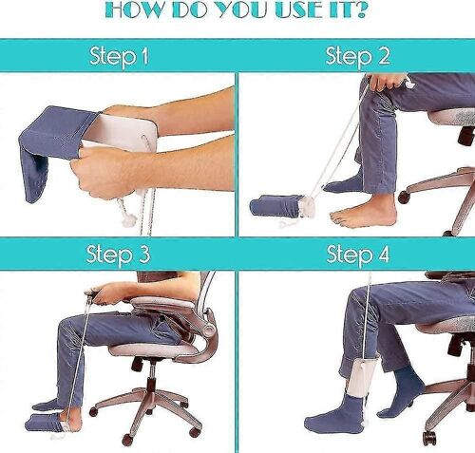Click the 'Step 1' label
pos(119,56)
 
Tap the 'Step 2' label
pos(357,56)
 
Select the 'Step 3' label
pos(119,254)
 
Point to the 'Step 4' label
pos(357,254)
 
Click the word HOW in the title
pos(141,10)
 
